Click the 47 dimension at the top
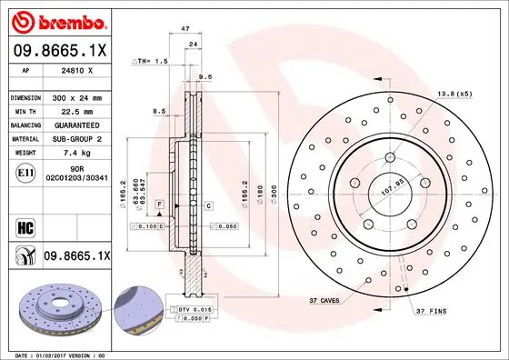[185, 30]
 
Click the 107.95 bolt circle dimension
[391, 193]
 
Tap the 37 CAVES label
[324, 300]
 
